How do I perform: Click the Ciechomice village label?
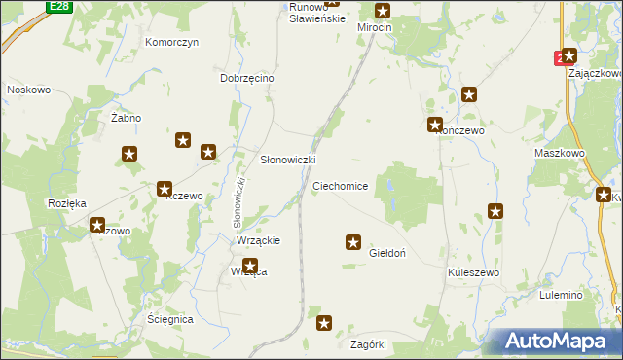pos(340,185)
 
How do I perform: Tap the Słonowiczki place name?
pos(287,160)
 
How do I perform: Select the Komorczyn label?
pos(172,43)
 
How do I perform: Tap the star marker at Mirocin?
pos(383,11)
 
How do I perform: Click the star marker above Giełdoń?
pos(353,241)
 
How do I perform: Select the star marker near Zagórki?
pos(325,322)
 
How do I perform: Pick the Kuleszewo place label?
pos(474,272)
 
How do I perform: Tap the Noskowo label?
pos(28,90)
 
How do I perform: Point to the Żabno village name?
pos(126,118)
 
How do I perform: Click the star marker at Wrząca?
pos(250,265)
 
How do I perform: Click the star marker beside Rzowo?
pos(98,225)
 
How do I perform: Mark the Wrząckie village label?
pos(259,240)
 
